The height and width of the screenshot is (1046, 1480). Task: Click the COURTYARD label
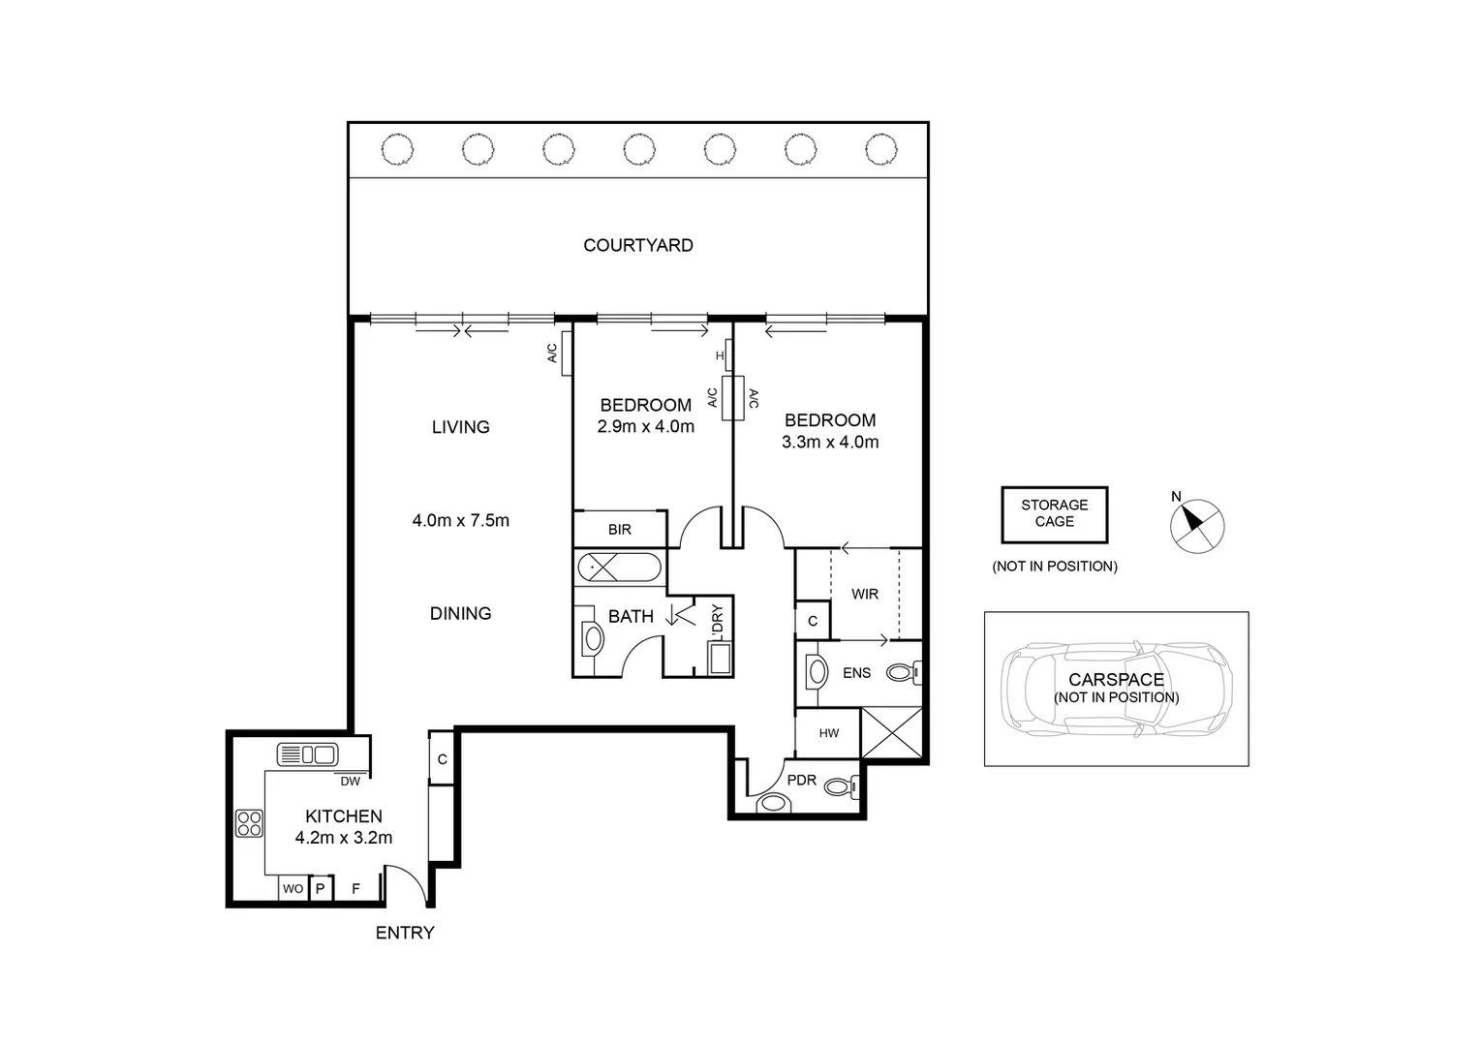(637, 245)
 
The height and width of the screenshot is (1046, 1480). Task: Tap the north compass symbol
(1197, 526)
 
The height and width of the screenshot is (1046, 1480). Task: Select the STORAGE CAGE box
(1054, 514)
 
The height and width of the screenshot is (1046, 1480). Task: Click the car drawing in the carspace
(1116, 689)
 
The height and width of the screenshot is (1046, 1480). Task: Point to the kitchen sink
(306, 754)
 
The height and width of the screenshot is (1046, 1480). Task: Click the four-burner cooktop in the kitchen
(249, 823)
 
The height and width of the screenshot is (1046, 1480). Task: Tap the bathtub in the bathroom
(619, 567)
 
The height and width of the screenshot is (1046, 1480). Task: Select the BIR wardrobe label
(620, 530)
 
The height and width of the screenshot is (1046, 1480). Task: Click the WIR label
(865, 594)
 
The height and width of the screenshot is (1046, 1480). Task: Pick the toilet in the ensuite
(906, 671)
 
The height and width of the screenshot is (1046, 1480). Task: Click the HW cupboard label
(829, 733)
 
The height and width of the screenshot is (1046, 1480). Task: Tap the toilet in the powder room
(839, 787)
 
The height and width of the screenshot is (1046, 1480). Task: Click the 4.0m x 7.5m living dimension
(460, 520)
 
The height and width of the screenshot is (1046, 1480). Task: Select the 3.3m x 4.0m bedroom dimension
(830, 442)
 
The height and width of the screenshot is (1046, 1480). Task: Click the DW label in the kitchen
(350, 781)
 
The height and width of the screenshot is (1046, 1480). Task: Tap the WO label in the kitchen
(293, 888)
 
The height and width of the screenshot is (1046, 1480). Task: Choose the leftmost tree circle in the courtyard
(397, 149)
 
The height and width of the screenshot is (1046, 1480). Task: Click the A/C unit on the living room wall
(567, 354)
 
